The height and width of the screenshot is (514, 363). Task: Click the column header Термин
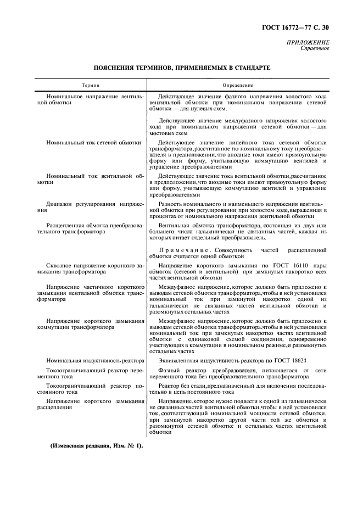91,85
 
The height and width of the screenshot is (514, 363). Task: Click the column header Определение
237,85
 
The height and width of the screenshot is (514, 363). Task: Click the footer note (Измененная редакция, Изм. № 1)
96,445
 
